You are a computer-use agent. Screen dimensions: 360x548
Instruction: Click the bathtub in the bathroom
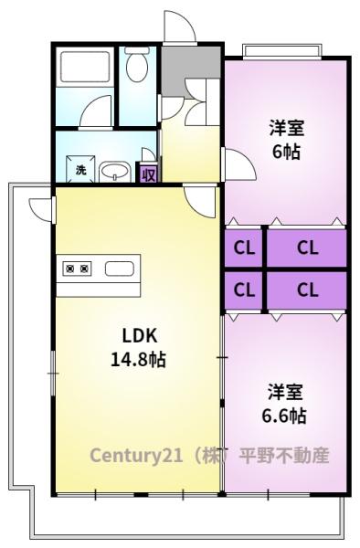click(85, 67)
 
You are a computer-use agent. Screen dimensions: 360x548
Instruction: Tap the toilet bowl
click(137, 64)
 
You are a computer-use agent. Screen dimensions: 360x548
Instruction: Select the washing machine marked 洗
click(80, 170)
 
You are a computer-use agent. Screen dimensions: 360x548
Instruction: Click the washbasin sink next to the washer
click(114, 173)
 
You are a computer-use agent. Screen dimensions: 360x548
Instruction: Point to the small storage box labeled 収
click(149, 174)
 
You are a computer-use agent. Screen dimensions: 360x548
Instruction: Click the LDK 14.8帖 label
click(139, 347)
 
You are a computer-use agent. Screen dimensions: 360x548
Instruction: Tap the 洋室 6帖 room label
click(286, 140)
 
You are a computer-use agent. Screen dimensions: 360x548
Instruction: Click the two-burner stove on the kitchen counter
click(77, 269)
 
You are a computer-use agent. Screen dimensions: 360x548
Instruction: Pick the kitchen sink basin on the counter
click(120, 269)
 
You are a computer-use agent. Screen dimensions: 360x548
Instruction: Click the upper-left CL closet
click(244, 248)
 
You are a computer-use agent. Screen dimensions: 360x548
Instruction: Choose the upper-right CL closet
click(307, 248)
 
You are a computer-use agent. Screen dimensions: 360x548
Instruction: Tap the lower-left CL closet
click(244, 290)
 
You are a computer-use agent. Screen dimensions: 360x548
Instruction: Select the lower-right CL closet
click(307, 290)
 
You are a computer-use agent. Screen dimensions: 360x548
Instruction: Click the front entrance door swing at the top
click(179, 26)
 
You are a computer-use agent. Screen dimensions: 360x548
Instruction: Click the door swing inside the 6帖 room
click(239, 164)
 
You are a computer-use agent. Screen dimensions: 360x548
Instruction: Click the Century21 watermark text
click(209, 455)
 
